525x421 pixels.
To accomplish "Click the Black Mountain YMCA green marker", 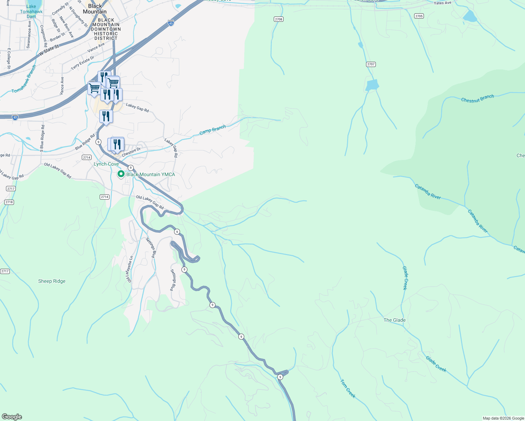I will point(121,174).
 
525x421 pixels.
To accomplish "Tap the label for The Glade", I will point(394,320).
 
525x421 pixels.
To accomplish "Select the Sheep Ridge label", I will point(52,281).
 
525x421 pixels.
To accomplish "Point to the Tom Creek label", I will point(348,388).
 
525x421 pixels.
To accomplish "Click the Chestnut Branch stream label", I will point(477,99).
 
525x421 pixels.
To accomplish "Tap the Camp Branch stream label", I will point(213,130).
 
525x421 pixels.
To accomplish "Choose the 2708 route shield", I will point(278,19).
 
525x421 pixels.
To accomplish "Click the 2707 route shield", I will point(371,64).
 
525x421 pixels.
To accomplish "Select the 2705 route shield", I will point(419,16).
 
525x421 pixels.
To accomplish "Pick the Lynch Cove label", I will point(106,164).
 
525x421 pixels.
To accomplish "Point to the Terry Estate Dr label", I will point(82,63).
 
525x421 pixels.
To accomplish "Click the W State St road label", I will point(49,50).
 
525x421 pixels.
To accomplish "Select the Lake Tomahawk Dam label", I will point(31,12).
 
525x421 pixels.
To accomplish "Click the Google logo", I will point(12,417).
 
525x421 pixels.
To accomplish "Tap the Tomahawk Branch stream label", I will point(24,79).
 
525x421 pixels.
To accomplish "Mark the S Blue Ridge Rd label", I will point(42,137).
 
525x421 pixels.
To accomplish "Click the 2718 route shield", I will point(9,202).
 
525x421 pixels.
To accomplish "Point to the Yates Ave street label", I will point(443,3).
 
